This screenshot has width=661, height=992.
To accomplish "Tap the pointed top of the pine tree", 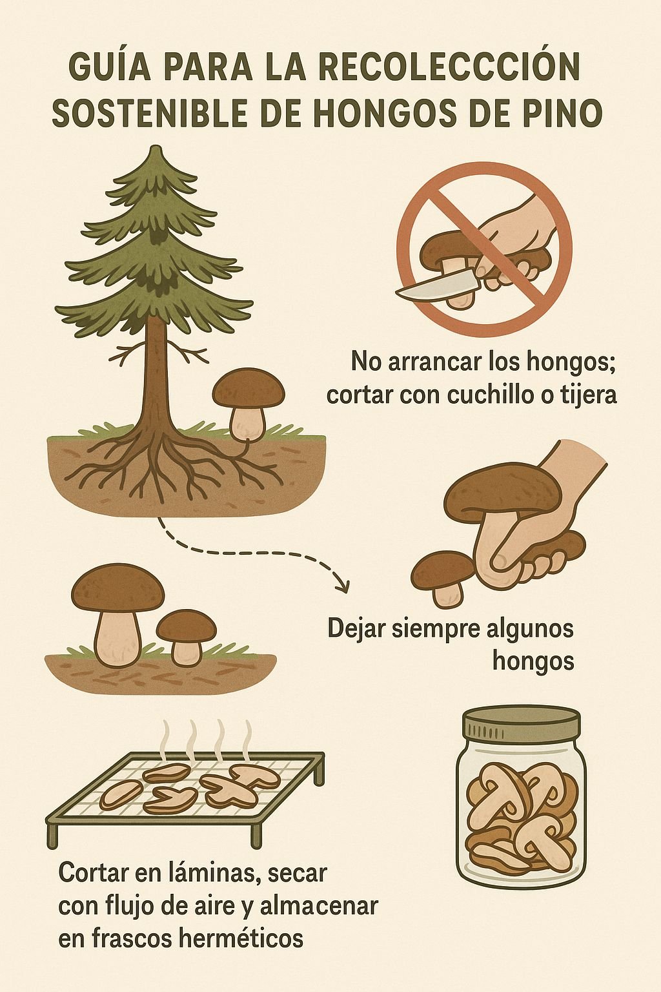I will [x=156, y=152].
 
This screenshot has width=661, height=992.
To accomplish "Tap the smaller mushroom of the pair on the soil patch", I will [x=186, y=636].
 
